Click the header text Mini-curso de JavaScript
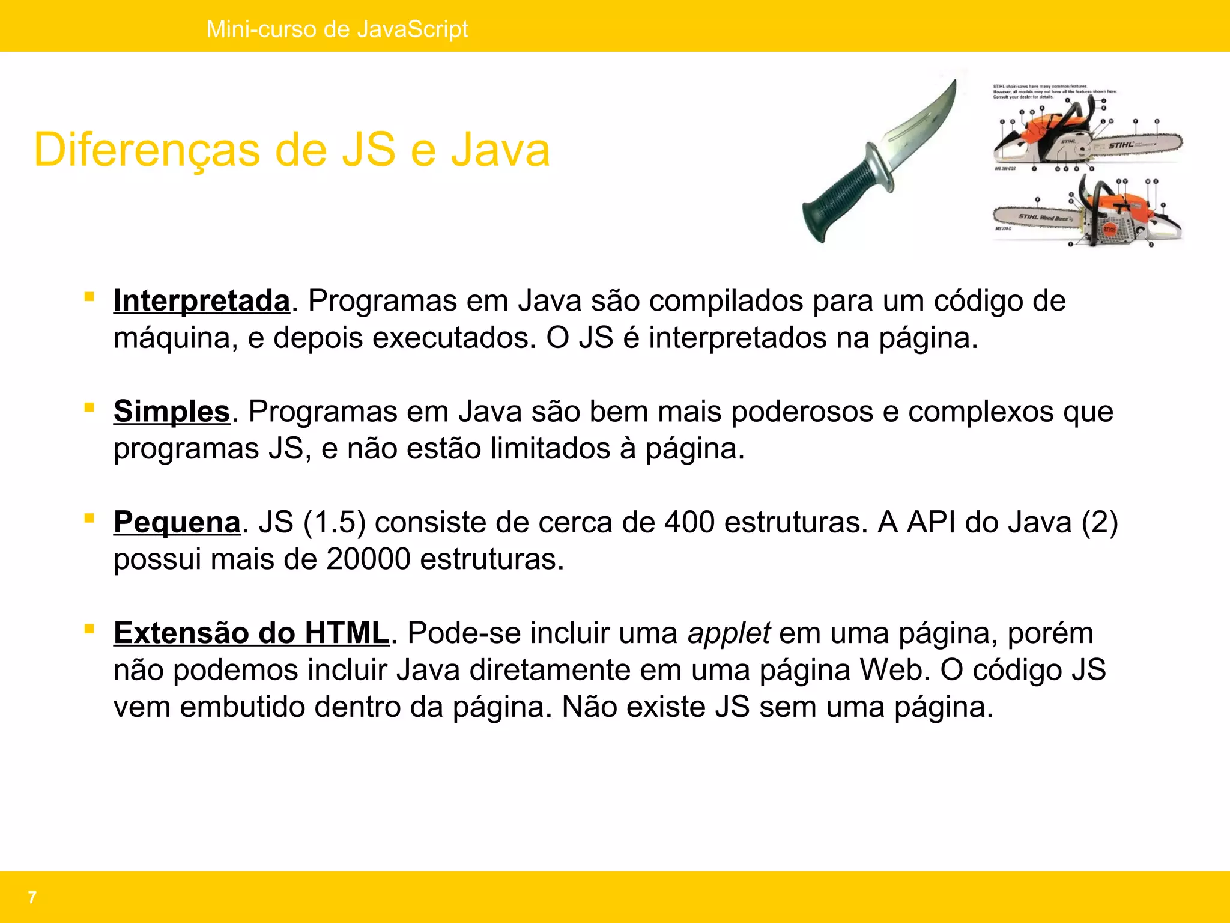[x=337, y=29]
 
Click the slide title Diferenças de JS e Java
[x=292, y=150]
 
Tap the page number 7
[x=32, y=897]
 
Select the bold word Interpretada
[x=202, y=300]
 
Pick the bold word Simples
[x=172, y=412]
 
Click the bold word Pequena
[x=177, y=522]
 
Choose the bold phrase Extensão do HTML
[x=252, y=633]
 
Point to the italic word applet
[x=729, y=633]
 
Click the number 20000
[x=368, y=559]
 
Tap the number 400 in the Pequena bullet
[x=689, y=522]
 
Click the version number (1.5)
[x=335, y=522]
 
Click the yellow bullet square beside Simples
[x=89, y=407]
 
